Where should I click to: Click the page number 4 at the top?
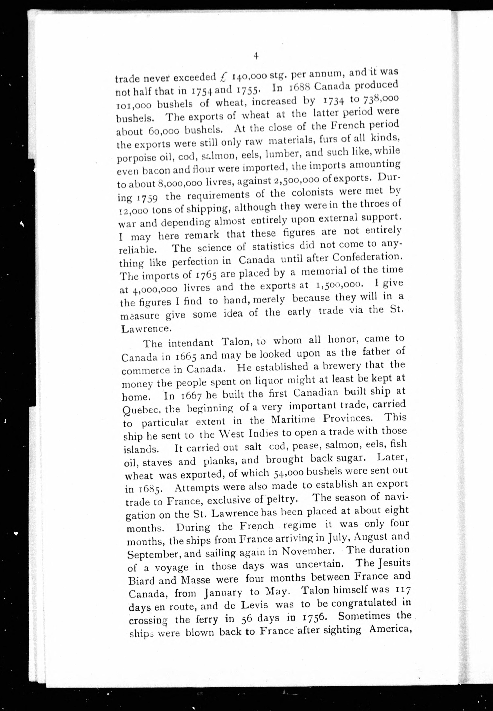(256, 56)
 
